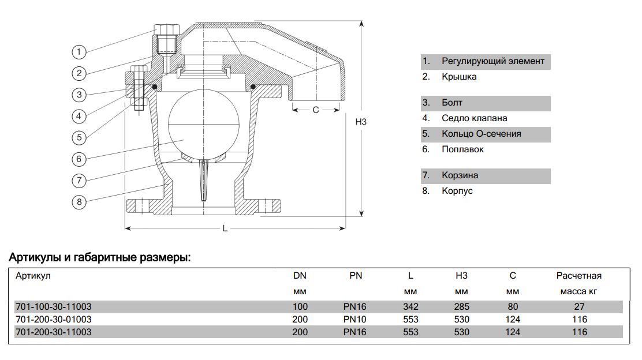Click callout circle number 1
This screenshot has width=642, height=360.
[x=79, y=51]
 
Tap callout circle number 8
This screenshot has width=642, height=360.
[x=79, y=202]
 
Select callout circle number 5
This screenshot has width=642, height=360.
[x=79, y=137]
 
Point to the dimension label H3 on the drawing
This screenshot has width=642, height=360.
[x=361, y=122]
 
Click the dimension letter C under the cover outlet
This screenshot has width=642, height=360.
[x=316, y=110]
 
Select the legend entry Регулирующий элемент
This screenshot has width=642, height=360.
[x=492, y=61]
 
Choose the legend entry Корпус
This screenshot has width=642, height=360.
[x=457, y=190]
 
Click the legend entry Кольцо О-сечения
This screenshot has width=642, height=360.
[x=481, y=134]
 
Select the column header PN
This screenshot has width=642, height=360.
[x=356, y=276]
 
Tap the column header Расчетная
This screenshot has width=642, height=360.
[x=579, y=276]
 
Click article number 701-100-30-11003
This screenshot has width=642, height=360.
[x=53, y=306]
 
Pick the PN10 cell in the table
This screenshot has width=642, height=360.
[x=355, y=319]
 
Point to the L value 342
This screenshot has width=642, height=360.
[x=411, y=306]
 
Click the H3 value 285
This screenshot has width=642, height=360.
[x=462, y=306]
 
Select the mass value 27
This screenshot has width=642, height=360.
[x=580, y=306]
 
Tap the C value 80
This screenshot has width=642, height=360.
[x=513, y=306]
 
